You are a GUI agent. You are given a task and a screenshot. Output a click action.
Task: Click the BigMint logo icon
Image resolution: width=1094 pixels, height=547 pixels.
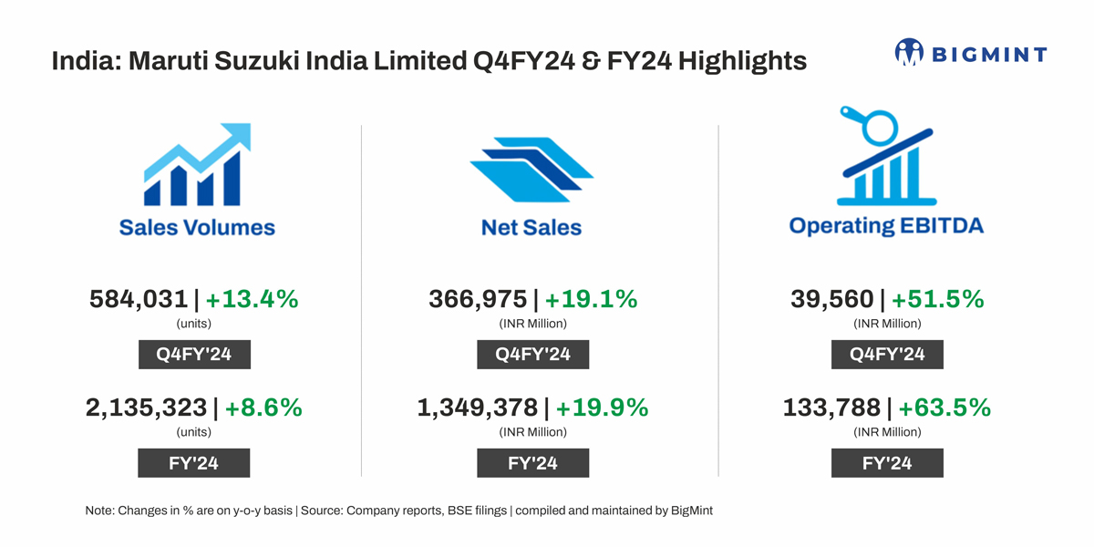point(909,53)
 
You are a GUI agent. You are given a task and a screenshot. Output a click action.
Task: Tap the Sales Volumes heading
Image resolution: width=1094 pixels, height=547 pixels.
point(197,226)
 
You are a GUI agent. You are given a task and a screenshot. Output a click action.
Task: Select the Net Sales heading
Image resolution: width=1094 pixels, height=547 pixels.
point(532,227)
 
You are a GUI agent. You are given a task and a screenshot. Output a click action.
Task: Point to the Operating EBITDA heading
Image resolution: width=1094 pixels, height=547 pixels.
point(886,225)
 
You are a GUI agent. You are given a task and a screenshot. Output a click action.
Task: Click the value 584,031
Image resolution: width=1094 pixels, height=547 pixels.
point(139,299)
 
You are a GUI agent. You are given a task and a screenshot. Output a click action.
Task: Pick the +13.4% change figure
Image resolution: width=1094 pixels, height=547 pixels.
point(253,299)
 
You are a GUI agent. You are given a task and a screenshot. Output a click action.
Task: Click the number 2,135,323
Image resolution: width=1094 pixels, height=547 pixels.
point(146,408)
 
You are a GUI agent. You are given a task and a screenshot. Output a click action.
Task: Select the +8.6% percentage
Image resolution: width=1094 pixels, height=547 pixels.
point(263,408)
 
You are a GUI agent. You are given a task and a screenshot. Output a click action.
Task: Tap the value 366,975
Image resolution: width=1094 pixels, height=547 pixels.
point(478,299)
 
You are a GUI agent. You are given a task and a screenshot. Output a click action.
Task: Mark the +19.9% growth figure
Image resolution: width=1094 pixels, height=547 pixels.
point(603,408)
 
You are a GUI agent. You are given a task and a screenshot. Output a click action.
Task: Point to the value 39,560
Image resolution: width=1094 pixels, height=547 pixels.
point(831,299)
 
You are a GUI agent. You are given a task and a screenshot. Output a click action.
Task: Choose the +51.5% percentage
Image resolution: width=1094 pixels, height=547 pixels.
point(938,299)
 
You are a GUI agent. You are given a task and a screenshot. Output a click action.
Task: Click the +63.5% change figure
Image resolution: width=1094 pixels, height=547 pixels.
point(944,408)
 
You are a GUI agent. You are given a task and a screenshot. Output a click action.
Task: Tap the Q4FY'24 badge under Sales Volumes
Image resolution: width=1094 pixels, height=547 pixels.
point(194,355)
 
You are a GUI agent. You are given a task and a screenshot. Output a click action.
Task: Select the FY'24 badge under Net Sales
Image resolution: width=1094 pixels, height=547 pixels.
point(532,463)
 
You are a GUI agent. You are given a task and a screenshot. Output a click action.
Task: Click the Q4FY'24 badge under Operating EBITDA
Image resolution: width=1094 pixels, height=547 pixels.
point(887,355)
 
